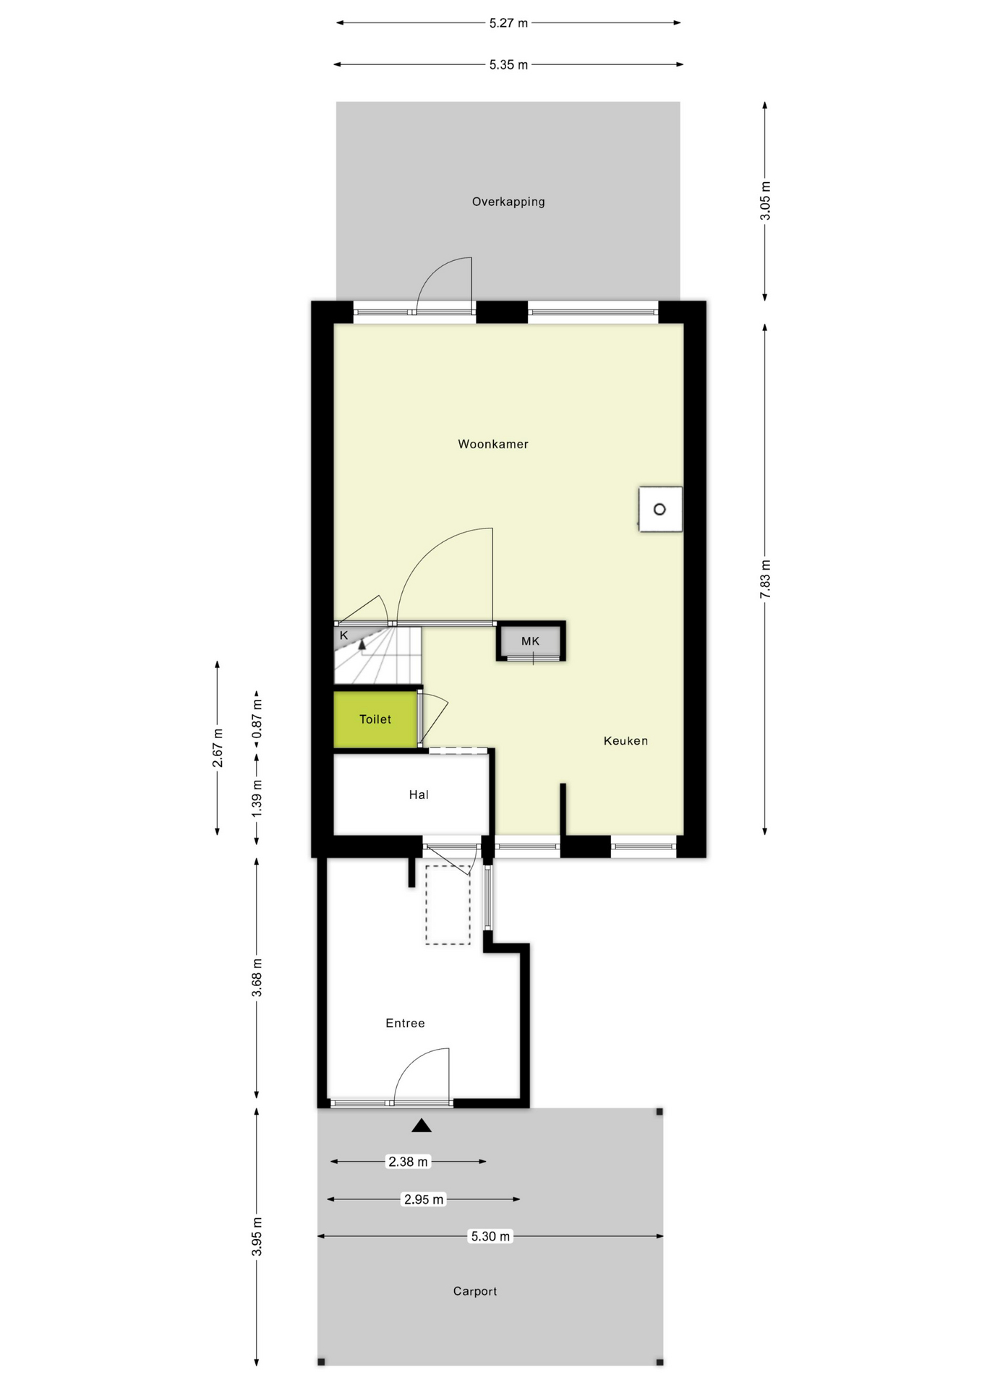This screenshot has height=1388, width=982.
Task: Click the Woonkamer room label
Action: [492, 444]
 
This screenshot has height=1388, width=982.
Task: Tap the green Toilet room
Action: [375, 719]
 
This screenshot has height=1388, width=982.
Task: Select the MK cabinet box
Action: [531, 641]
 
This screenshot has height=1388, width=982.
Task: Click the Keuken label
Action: [626, 740]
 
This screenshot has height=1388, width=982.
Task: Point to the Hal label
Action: [419, 794]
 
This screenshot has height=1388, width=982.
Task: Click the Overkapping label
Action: [508, 202]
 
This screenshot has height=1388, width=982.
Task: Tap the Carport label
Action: [475, 1291]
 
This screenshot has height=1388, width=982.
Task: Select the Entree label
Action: [405, 1023]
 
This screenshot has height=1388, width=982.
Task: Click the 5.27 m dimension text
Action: [508, 23]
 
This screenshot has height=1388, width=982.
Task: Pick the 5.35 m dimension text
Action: [508, 65]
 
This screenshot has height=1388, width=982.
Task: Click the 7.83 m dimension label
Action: [766, 578]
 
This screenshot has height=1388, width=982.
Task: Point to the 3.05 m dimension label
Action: [766, 201]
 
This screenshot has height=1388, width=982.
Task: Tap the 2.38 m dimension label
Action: [409, 1162]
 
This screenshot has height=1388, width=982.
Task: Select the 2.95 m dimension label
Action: [424, 1199]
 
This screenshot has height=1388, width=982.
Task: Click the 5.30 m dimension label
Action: [490, 1236]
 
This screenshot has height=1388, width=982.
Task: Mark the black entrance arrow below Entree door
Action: [422, 1126]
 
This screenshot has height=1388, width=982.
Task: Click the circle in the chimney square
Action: [659, 510]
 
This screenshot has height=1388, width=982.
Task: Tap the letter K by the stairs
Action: [344, 635]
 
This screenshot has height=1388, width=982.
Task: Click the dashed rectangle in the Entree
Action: [448, 904]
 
